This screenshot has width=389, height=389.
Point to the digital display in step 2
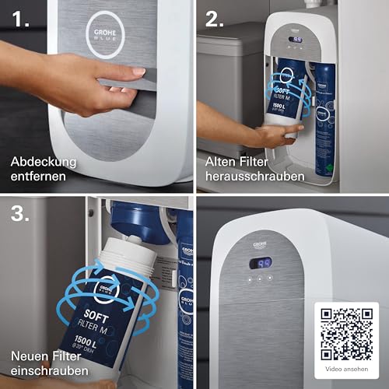tap(296, 39)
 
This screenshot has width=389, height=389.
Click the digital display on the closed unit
tap(260, 263)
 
